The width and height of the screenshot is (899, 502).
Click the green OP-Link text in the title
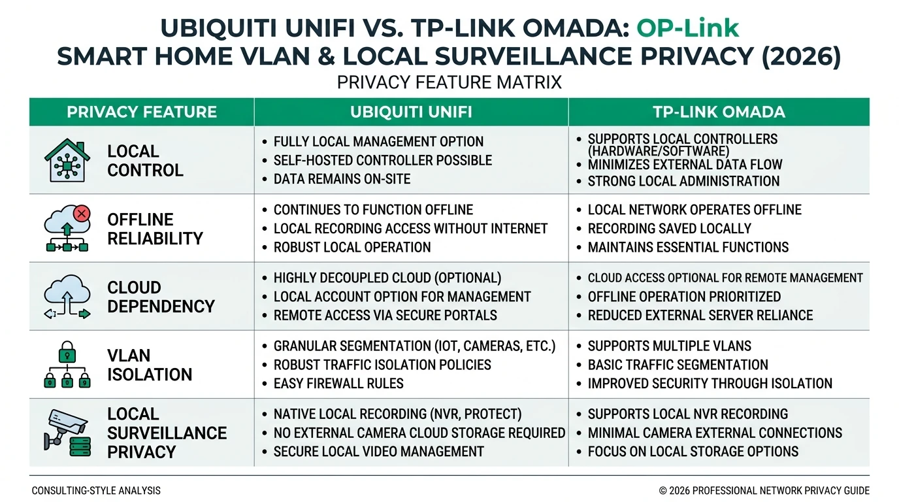tap(688, 28)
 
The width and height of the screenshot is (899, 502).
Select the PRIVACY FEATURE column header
tap(142, 112)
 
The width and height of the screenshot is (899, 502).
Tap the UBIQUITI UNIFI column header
tap(411, 112)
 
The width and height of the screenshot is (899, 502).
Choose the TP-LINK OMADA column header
tap(719, 112)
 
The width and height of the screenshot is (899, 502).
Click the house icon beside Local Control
tap(67, 160)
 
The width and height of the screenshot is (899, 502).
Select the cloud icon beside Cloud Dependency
tap(67, 297)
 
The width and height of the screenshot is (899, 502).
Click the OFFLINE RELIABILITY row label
tap(155, 229)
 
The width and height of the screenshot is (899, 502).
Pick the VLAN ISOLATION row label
tap(150, 365)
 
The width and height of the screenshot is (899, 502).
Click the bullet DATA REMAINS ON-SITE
tap(342, 179)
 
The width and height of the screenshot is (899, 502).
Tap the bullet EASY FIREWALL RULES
tap(338, 384)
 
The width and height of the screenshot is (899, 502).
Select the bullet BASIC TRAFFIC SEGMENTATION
tap(678, 365)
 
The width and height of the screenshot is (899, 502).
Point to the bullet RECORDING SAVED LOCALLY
tap(669, 229)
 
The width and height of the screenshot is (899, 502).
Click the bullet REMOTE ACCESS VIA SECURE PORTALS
tap(385, 315)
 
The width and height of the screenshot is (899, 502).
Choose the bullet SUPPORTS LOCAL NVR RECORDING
tap(687, 414)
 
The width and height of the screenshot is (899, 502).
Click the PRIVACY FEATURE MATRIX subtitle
tap(449, 83)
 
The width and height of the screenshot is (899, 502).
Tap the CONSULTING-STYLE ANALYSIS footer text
tap(95, 490)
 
